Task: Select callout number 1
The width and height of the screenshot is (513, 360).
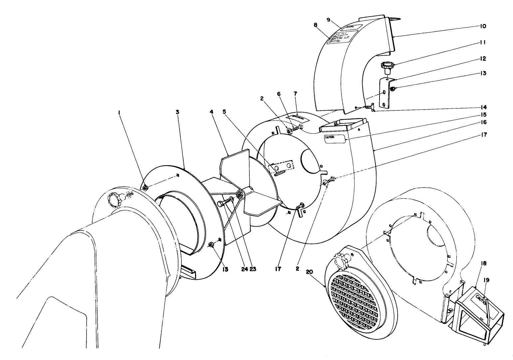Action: pyautogui.click(x=119, y=113)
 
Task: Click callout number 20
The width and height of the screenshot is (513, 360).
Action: pyautogui.click(x=309, y=272)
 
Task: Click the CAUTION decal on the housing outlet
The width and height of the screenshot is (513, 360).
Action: pyautogui.click(x=335, y=139)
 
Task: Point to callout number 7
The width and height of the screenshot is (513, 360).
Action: pyautogui.click(x=295, y=94)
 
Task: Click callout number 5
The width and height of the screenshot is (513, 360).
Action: pyautogui.click(x=224, y=112)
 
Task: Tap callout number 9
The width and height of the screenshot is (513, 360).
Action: pyautogui.click(x=328, y=20)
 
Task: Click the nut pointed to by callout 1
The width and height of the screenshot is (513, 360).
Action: pyautogui.click(x=145, y=188)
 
